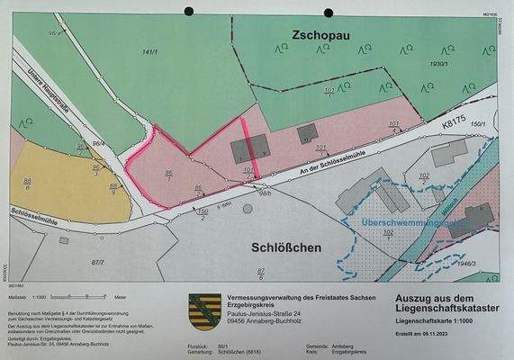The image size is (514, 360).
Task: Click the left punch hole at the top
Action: click(189, 12)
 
